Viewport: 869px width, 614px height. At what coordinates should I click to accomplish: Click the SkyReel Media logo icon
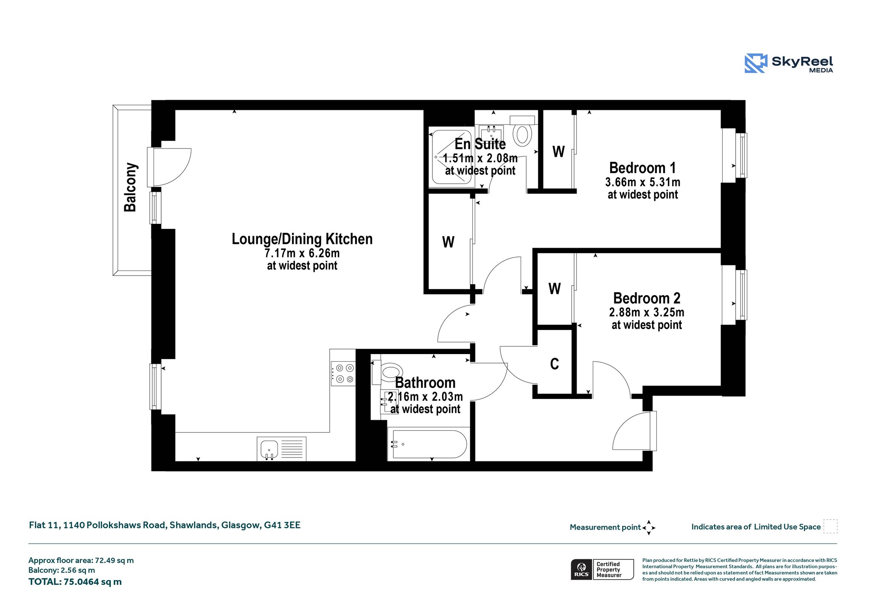(x=756, y=63)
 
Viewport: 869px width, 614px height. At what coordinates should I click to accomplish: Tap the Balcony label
(x=130, y=187)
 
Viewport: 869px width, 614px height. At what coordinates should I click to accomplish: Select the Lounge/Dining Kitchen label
(x=302, y=239)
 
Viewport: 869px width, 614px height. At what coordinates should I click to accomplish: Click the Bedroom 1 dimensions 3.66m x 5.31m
(x=643, y=182)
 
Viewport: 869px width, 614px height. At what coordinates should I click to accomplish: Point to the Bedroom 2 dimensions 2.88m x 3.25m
(x=647, y=313)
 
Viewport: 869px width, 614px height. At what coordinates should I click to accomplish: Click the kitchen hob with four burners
(x=343, y=373)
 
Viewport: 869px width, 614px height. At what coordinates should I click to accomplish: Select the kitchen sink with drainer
(x=281, y=449)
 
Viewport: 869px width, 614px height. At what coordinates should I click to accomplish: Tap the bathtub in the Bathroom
(x=429, y=444)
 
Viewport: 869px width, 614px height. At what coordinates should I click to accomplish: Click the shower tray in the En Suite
(x=451, y=157)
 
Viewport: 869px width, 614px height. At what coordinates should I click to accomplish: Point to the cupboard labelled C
(x=555, y=363)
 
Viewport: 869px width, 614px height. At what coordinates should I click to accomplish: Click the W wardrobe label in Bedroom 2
(x=555, y=289)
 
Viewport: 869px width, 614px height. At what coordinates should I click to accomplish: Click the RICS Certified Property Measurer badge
(x=602, y=569)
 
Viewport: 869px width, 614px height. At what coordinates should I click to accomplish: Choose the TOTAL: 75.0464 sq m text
(x=75, y=582)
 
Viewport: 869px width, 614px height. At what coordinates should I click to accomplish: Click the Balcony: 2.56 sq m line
(x=62, y=570)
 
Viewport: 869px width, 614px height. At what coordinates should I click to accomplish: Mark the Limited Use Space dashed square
(x=830, y=526)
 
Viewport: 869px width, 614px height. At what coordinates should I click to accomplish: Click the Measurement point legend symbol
(x=648, y=527)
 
